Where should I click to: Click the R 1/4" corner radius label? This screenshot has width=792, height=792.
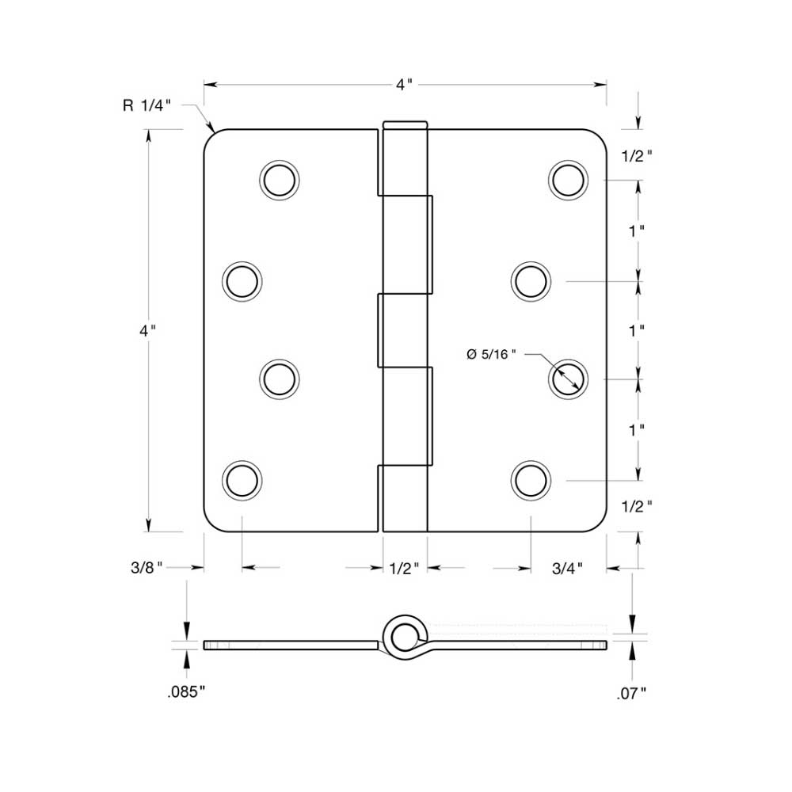pos(147,107)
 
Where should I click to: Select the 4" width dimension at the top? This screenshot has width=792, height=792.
pos(405,85)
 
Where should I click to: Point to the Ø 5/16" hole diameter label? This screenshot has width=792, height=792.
pos(491,354)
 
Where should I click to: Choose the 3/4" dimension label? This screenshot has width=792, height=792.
pos(567,567)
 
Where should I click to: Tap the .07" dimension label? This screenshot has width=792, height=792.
pos(631,694)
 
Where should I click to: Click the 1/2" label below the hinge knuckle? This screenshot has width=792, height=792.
pos(405,567)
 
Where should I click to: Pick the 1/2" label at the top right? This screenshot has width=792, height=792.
pos(638,156)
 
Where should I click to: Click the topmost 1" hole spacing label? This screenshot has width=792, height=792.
pos(636,230)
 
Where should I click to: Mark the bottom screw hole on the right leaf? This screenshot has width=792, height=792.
pos(530,480)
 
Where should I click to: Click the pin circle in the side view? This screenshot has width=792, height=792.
pos(405,634)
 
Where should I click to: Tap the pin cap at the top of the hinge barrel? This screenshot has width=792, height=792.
pos(405,124)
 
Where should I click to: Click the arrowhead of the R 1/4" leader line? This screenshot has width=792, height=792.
pos(214,131)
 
